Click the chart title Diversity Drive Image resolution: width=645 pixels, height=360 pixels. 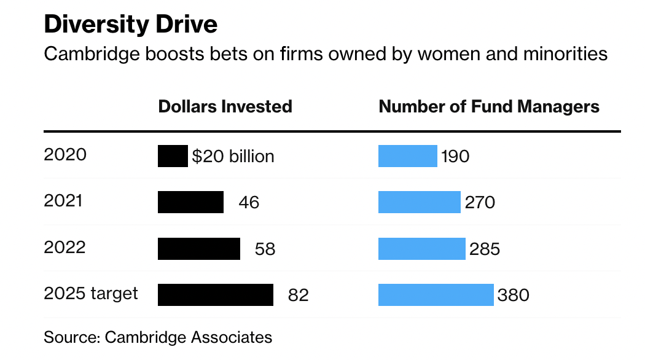pos(130,25)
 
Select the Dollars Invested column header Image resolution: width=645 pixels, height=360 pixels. pos(225,106)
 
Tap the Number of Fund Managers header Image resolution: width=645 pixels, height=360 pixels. pos(489,106)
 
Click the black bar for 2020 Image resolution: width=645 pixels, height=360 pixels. pos(173,156)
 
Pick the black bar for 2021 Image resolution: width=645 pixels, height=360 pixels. pos(190,202)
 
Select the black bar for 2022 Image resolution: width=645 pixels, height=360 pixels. pos(199,249)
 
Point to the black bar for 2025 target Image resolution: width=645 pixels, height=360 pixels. pos(216,295)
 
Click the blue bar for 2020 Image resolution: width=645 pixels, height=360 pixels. pos(407,156)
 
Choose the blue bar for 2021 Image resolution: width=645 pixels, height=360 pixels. pos(419,202)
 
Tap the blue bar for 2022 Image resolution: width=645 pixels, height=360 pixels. pos(421,249)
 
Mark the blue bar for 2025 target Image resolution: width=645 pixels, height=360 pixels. pos(436,295)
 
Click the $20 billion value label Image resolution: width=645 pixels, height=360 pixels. pos(233,156)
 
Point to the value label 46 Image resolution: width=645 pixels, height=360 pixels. pos(249,202)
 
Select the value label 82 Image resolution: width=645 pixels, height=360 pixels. pos(299,295)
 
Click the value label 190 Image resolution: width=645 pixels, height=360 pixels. pos(455,157)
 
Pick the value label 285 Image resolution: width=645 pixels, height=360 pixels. pos(485,249)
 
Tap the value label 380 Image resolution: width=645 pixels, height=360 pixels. pos(513,295)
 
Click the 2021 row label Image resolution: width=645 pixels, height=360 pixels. pos(63,200)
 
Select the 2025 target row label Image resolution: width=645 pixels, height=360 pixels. pos(91,293)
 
